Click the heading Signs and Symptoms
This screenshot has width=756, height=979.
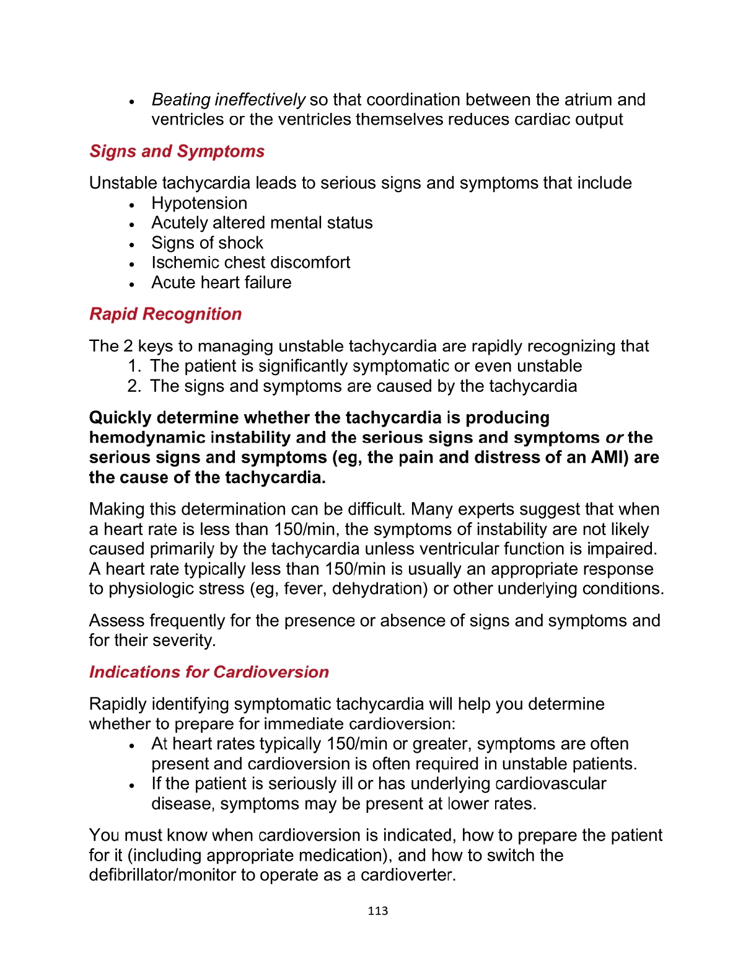(177, 151)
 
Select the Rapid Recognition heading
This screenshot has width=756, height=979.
(165, 314)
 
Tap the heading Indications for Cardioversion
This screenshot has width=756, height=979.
(209, 672)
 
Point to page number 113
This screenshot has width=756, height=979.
(377, 911)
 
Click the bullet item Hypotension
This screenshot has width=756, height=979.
(199, 203)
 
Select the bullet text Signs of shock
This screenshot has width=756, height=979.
(207, 243)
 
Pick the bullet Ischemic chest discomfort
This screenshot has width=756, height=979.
(250, 262)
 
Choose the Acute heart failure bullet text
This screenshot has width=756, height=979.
(221, 283)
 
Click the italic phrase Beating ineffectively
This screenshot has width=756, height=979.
(228, 100)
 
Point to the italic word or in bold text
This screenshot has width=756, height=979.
(614, 438)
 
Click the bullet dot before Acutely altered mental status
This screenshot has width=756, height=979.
(132, 224)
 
